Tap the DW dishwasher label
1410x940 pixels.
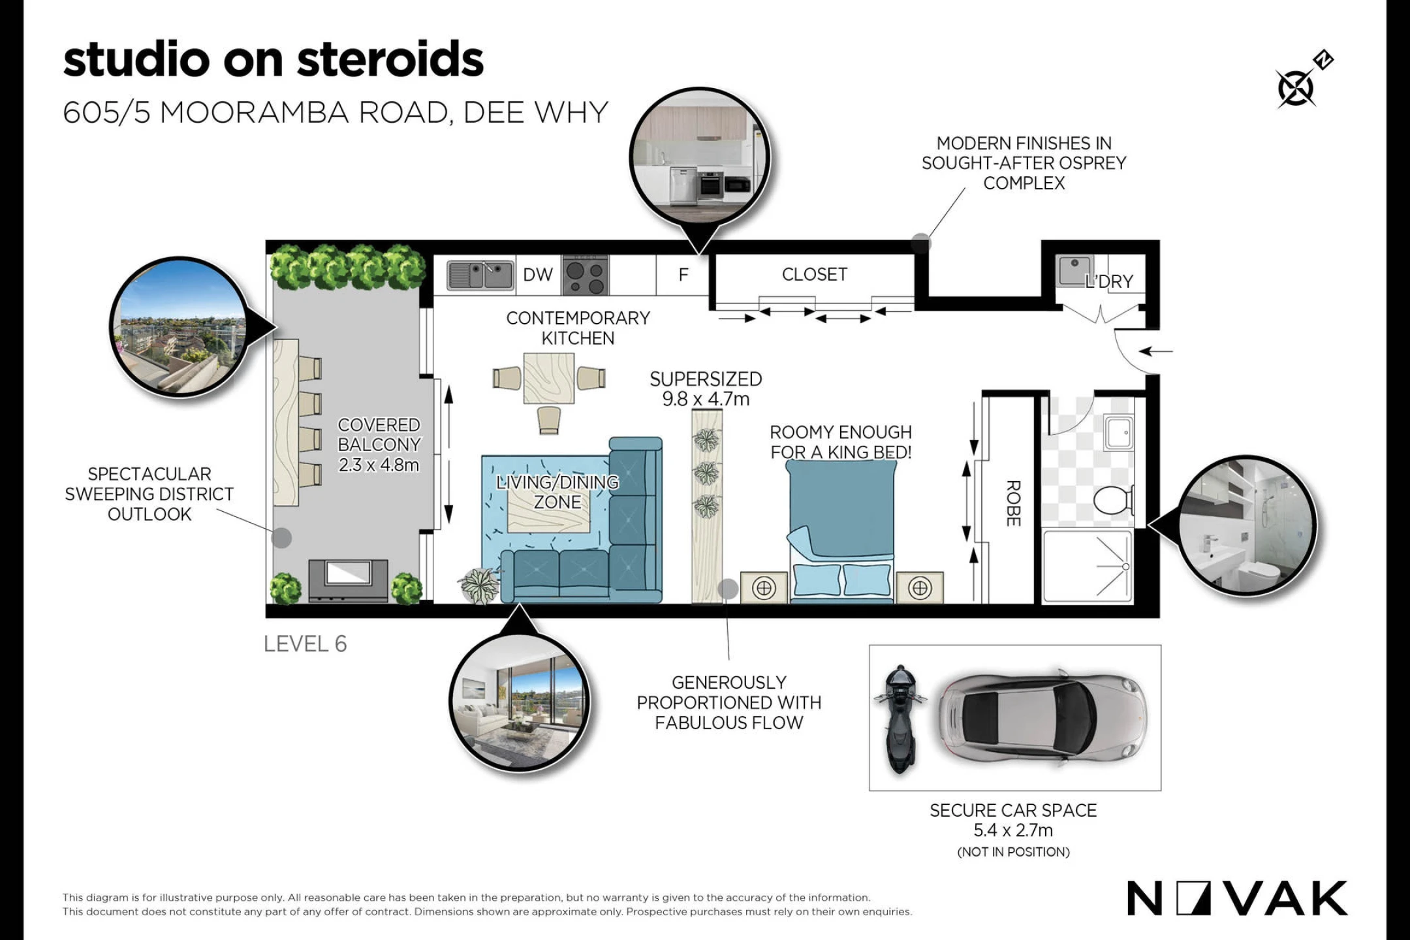pyautogui.click(x=538, y=275)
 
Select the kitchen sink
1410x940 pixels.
pyautogui.click(x=480, y=275)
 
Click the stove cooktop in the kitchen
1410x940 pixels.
pyautogui.click(x=586, y=275)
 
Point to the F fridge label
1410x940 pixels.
pyautogui.click(x=683, y=275)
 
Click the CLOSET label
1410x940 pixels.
pyautogui.click(x=815, y=274)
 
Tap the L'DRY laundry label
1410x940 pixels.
pyautogui.click(x=1109, y=281)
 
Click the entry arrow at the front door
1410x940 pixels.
pyautogui.click(x=1156, y=351)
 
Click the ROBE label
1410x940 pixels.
pyautogui.click(x=1012, y=503)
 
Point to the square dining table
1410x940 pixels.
pyautogui.click(x=549, y=379)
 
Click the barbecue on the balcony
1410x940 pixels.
pyautogui.click(x=349, y=580)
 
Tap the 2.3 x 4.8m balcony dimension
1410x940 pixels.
pyautogui.click(x=379, y=465)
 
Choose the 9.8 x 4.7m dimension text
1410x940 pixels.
pyautogui.click(x=706, y=399)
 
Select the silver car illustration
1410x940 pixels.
pyautogui.click(x=1042, y=717)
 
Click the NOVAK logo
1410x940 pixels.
pyautogui.click(x=1237, y=898)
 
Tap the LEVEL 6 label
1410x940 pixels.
pyautogui.click(x=305, y=644)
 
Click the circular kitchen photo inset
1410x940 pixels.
pyautogui.click(x=699, y=159)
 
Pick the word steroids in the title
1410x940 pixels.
pyautogui.click(x=390, y=59)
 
